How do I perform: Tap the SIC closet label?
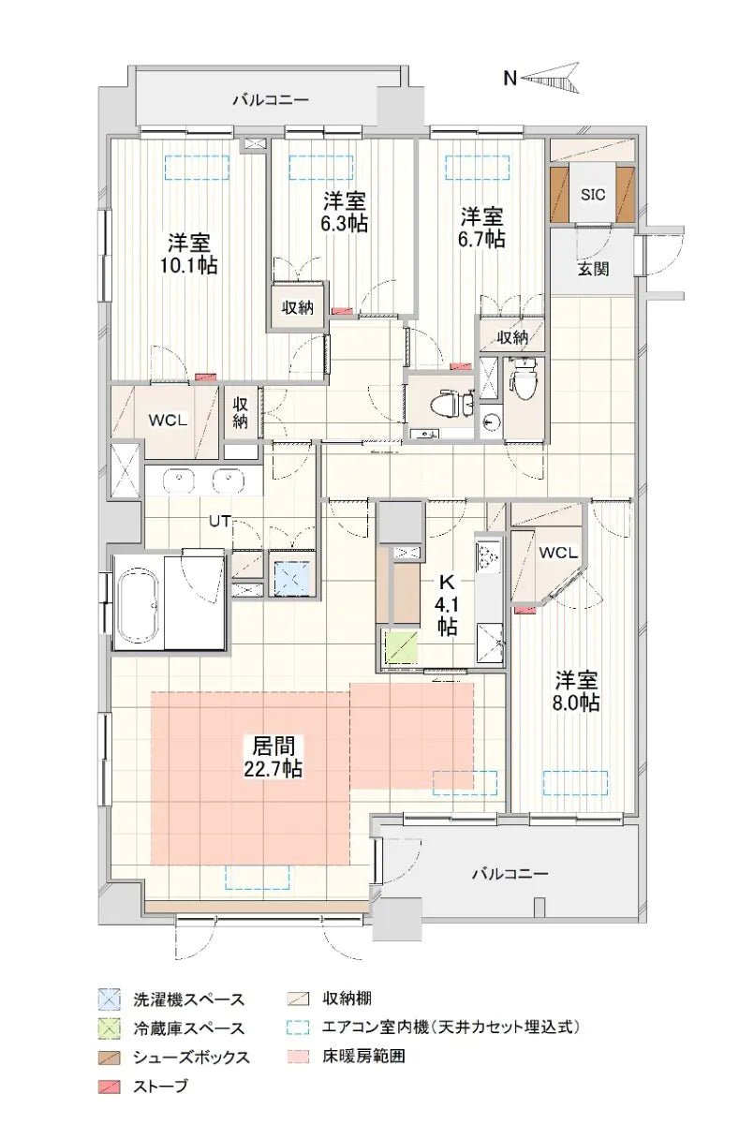pos(593,195)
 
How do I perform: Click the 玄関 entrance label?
pos(592,270)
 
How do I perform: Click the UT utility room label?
pos(220,520)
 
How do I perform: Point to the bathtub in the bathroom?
pos(139,601)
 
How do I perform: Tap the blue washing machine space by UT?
pos(293,577)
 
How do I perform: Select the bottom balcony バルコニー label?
pos(510,874)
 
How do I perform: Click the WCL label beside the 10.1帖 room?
pos(170,420)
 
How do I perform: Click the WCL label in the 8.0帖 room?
pos(558,552)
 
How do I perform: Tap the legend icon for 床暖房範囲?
pos(298,1056)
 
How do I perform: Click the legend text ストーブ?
pos(160,1087)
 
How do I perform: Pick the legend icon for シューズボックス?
pos(111,1057)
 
